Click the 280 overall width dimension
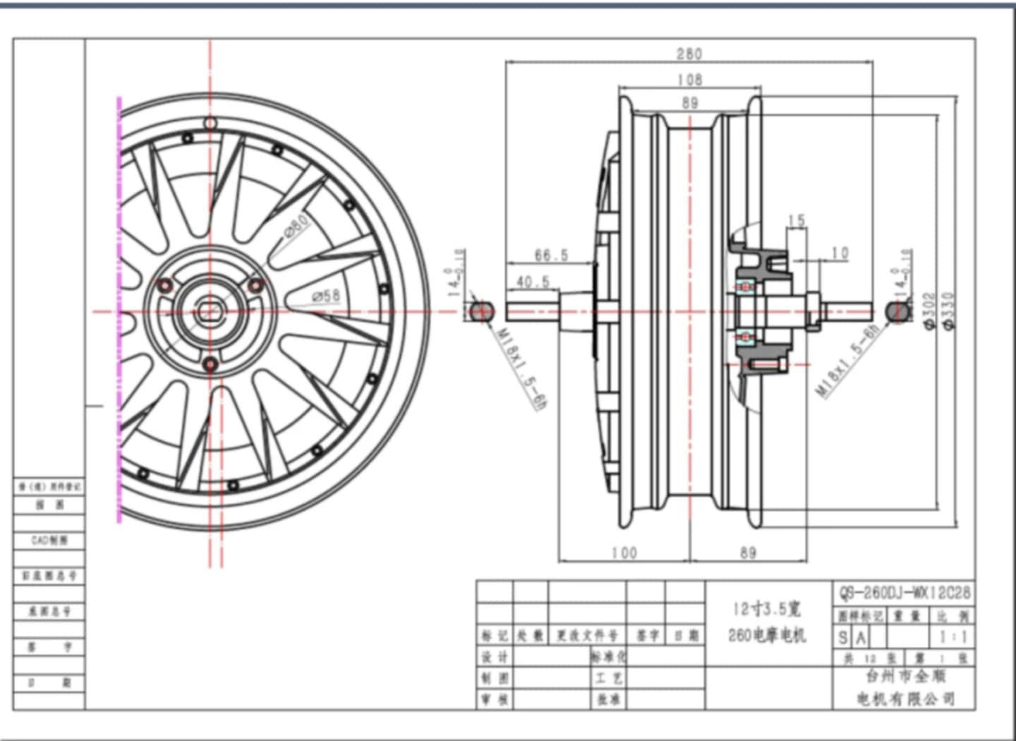[x=689, y=54]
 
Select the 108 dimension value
[x=689, y=80]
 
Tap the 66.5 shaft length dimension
[x=551, y=255]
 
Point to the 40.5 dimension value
[x=533, y=282]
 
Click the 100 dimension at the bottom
[x=624, y=553]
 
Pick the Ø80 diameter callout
[x=297, y=226]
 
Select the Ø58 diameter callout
[x=326, y=296]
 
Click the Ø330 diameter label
[x=948, y=311]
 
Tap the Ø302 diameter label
[x=929, y=311]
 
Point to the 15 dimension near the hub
[x=797, y=221]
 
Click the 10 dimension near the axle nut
[x=840, y=253]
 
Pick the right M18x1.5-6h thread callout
[x=849, y=361]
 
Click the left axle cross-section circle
[x=480, y=311]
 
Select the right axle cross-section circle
[x=897, y=311]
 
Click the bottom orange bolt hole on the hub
[x=210, y=364]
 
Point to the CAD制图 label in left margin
[x=49, y=540]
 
